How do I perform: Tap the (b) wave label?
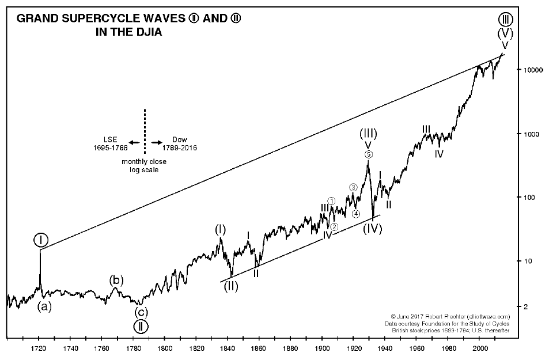click(x=116, y=280)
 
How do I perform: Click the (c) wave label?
click(x=141, y=313)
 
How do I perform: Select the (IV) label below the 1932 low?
click(x=373, y=229)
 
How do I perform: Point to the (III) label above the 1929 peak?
click(x=368, y=134)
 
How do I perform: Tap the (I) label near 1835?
click(x=220, y=230)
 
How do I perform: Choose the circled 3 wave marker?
click(x=353, y=187)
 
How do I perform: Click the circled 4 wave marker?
click(x=356, y=214)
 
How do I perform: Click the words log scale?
click(x=144, y=170)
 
